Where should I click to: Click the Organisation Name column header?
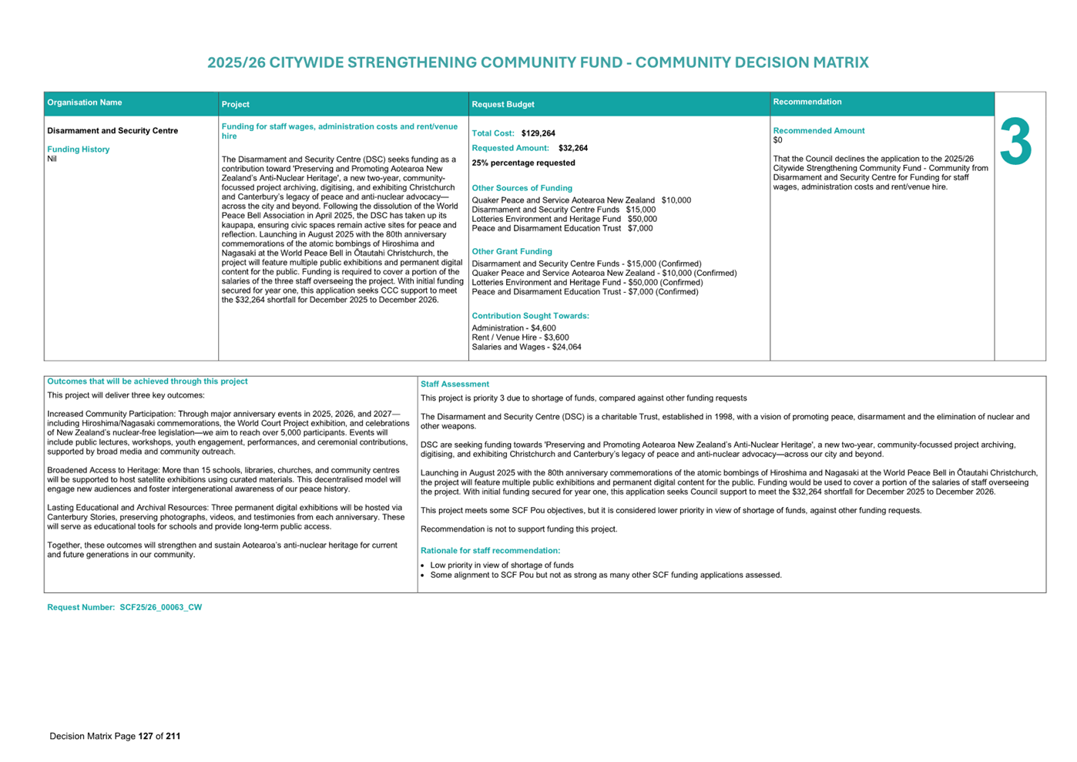click(85, 102)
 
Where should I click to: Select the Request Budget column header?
click(503, 104)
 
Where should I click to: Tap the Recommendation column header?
click(807, 102)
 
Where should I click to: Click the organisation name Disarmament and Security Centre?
click(112, 131)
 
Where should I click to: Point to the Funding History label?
click(79, 149)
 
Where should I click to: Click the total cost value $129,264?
click(538, 133)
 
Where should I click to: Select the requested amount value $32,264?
click(572, 148)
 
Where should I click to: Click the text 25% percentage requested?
click(523, 163)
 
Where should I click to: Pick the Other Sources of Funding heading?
click(522, 188)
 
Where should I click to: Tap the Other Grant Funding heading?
click(512, 251)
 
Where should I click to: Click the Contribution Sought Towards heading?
click(530, 316)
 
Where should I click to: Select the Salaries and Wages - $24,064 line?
click(526, 347)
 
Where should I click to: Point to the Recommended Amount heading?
click(818, 131)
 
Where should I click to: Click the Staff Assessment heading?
click(455, 384)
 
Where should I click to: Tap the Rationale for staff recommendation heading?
click(490, 550)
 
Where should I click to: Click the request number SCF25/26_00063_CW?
click(160, 607)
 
